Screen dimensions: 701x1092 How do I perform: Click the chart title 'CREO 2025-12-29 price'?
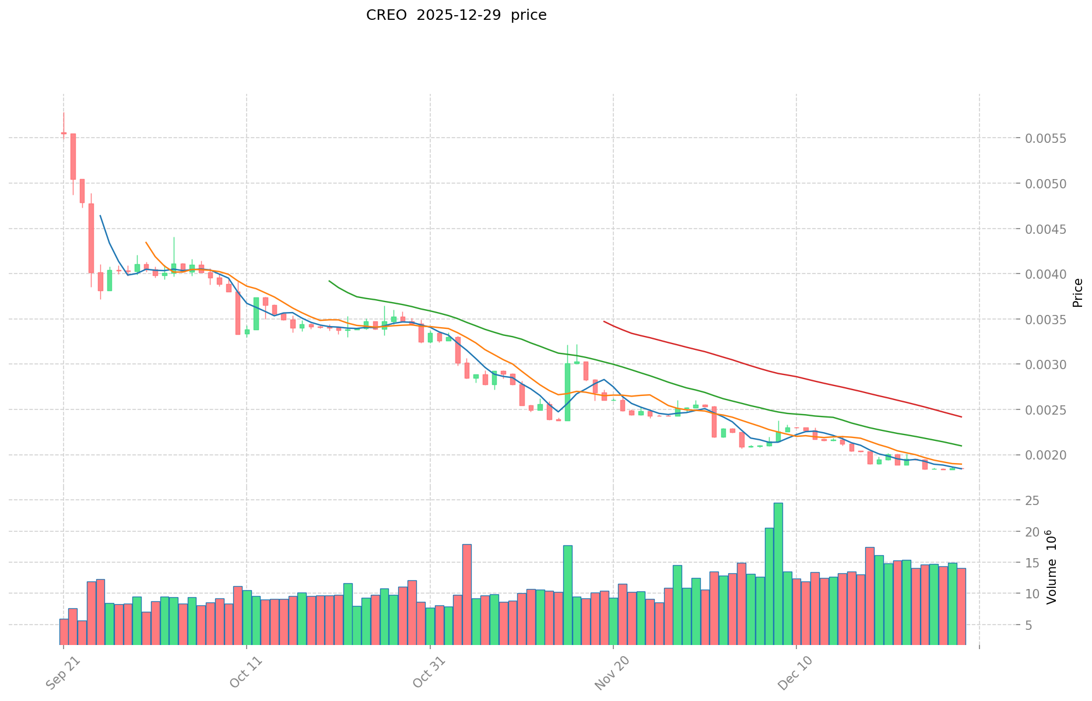(x=456, y=16)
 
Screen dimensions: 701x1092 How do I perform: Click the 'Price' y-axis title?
(x=1077, y=293)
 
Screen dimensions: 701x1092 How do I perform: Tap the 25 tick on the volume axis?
(x=1033, y=501)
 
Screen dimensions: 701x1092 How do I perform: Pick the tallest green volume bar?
(x=778, y=573)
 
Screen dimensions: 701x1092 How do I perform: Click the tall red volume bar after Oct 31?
(x=467, y=594)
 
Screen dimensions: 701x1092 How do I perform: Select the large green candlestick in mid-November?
(x=567, y=392)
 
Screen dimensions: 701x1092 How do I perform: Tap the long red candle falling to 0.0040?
(x=91, y=238)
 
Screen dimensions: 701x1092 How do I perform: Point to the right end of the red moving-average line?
(x=961, y=417)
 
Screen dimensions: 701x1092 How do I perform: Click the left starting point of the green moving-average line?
(x=329, y=281)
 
